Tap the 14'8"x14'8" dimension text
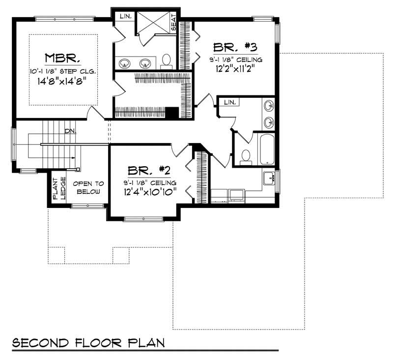62,83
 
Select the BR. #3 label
235,48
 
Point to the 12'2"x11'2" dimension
236,69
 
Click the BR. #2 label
148,171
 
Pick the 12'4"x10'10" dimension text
148,191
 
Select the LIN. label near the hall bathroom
229,102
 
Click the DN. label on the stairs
70,131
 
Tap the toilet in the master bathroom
167,60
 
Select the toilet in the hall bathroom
246,157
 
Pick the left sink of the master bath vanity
125,63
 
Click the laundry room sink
268,178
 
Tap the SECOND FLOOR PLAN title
88,342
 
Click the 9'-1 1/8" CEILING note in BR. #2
148,182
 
